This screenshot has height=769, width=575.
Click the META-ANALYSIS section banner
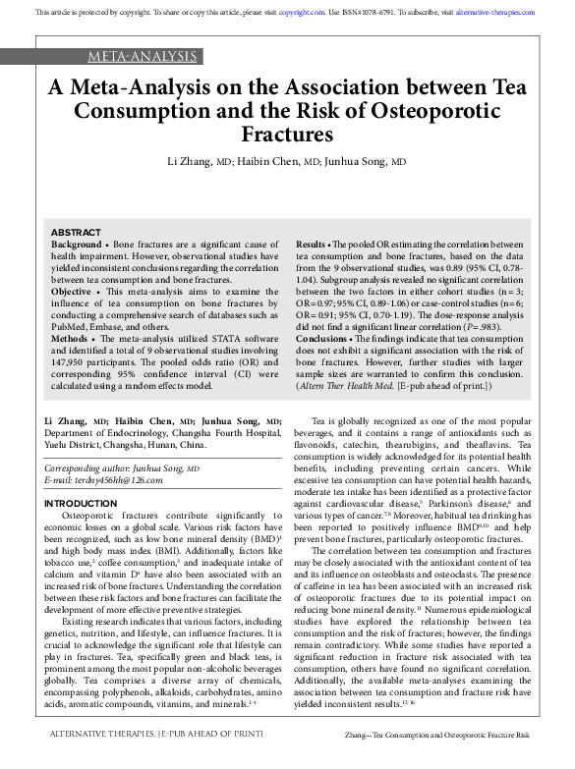point(143,56)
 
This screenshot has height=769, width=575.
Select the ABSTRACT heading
point(75,231)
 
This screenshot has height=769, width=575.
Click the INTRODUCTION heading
point(81,504)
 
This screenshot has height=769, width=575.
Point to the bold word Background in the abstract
point(75,243)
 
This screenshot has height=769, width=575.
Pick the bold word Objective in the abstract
point(70,294)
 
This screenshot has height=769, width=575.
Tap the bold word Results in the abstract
point(311,243)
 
